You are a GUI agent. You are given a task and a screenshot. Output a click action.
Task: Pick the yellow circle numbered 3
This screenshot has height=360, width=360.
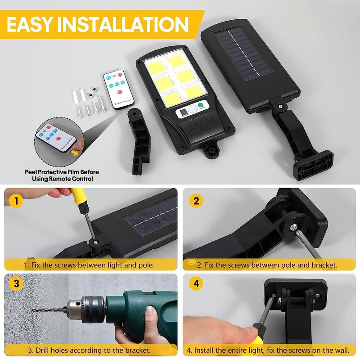(x=17, y=284)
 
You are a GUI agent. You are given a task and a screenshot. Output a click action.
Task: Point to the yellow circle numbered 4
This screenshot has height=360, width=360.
(x=195, y=284)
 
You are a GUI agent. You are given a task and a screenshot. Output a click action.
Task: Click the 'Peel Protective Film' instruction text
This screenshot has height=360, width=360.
(x=62, y=175)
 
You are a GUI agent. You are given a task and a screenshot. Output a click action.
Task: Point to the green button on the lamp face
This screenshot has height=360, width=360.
(x=201, y=108)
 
